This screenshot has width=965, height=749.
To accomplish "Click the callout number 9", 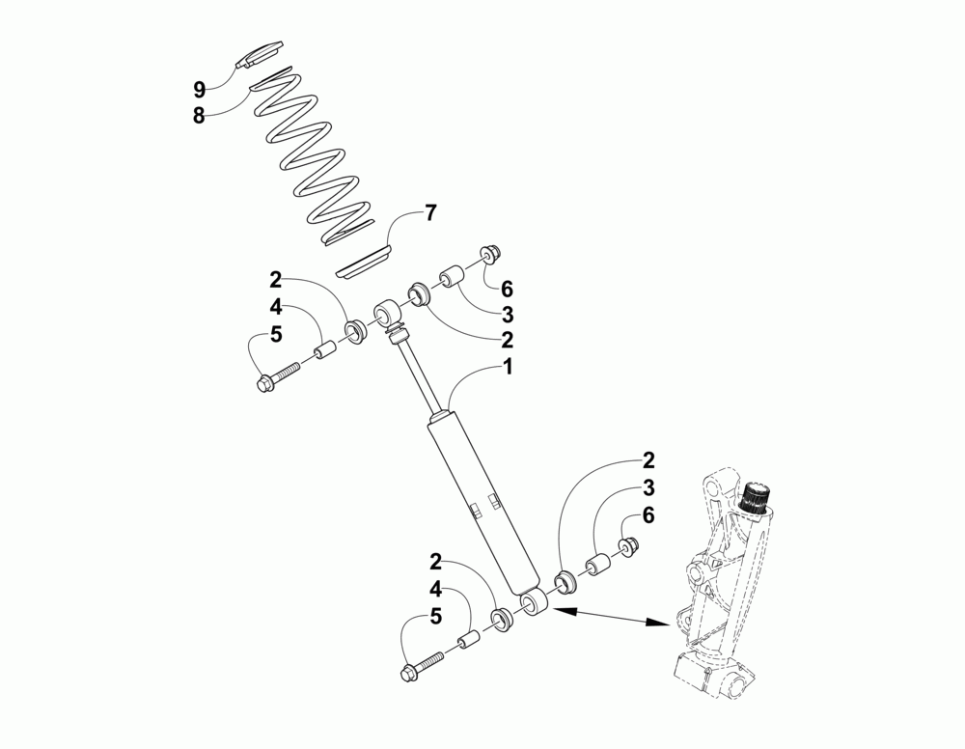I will tap(199, 90).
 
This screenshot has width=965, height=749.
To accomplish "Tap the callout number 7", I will tap(430, 214).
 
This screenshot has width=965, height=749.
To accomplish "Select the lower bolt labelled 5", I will tap(422, 663).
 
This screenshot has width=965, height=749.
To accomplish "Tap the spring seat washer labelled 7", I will tap(365, 262).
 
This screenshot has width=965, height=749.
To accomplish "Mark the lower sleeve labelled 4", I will tap(469, 641).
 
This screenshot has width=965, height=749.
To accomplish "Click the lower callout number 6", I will tap(648, 515).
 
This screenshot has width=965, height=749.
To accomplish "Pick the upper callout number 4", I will tap(275, 308).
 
